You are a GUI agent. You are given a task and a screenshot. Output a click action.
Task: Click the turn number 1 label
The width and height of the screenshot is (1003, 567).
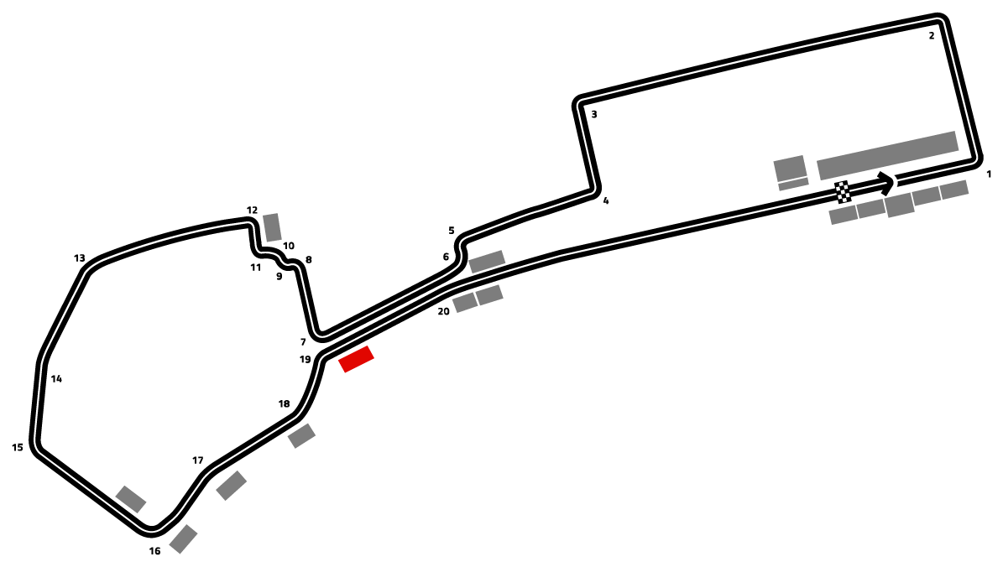point(988,174)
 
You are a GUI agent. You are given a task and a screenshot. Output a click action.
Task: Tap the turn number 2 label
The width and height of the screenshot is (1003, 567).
point(932,36)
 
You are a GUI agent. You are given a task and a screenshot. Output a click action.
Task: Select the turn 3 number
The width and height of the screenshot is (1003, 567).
point(593,114)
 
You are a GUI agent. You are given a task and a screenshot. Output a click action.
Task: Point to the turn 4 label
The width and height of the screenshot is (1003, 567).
point(606,200)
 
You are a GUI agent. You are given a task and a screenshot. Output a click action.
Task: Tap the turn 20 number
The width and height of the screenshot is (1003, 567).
point(443,311)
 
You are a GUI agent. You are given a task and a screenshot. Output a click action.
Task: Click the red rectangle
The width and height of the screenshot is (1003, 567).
point(356,359)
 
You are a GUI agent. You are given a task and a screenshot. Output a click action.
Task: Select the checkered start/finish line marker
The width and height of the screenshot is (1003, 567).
point(843,192)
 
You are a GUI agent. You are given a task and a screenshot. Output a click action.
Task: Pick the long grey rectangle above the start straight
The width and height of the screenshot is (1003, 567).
point(888,155)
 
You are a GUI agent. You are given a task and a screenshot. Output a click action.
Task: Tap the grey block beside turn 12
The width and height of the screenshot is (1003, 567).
point(272,227)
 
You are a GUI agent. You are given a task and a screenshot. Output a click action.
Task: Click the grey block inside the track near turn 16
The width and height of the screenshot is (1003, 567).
point(131,499)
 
